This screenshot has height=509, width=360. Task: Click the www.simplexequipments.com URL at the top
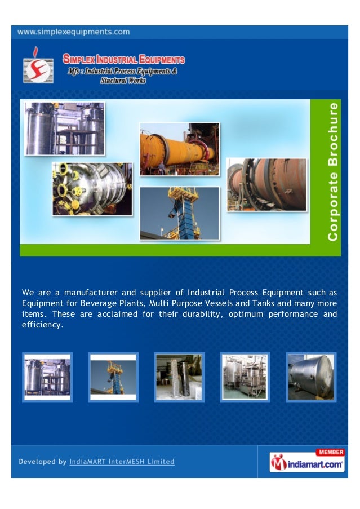click(74, 32)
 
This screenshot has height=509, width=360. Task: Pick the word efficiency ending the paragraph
click(42, 325)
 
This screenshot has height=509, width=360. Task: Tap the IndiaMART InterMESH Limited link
click(122, 462)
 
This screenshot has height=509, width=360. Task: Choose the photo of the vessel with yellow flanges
click(92, 189)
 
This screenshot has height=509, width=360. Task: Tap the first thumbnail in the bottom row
click(47, 377)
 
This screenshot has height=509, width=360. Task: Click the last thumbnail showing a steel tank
click(311, 377)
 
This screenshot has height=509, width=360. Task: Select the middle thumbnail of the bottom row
click(179, 377)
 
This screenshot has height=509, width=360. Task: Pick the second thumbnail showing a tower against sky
click(113, 377)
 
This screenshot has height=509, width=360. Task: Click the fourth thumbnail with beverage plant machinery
click(245, 377)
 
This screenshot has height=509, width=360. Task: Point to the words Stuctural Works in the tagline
click(123, 80)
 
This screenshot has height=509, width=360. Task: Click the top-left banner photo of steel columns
click(64, 129)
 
